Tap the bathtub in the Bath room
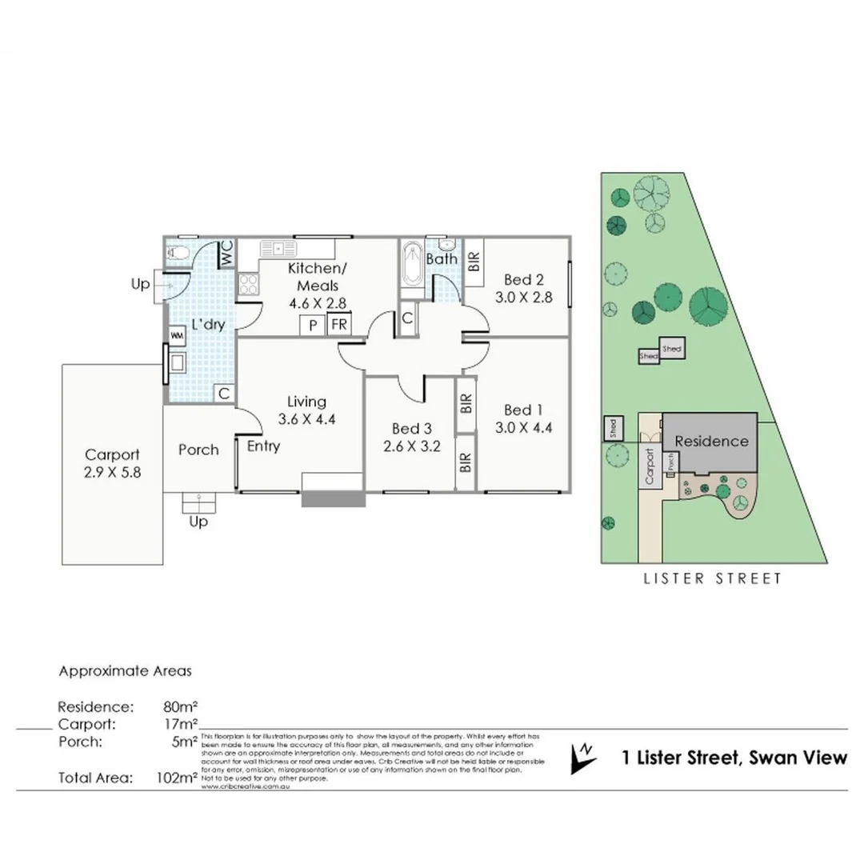coord(411,265)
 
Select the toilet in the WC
coord(178,254)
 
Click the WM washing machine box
coord(175,335)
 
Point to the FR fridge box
coord(339,325)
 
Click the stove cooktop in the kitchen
coord(247,285)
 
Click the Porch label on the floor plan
coord(198,450)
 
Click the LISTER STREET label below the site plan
coord(713,578)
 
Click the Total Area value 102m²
coord(177,777)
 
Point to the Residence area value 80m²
coord(179,707)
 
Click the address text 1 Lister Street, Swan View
coord(734,758)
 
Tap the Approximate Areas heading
coord(125,671)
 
